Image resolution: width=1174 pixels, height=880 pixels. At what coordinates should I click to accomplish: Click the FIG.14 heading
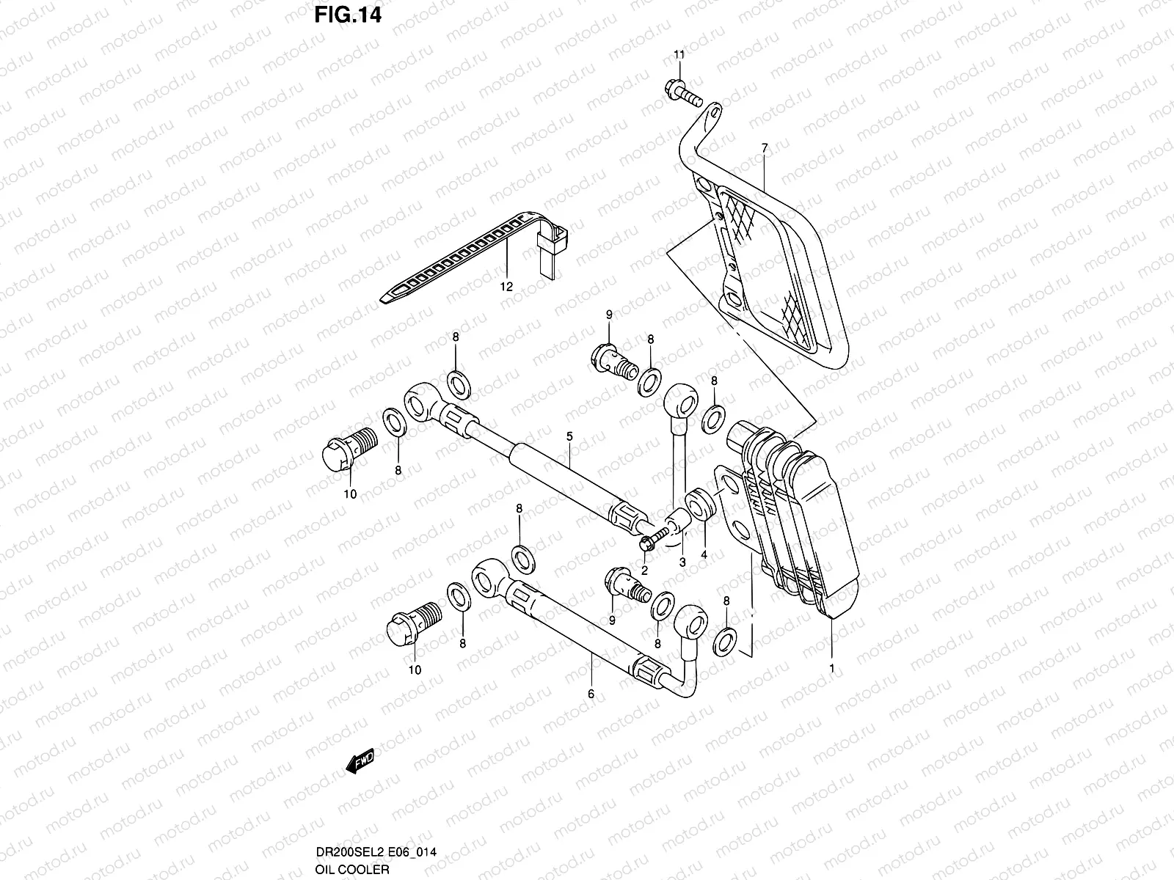click(348, 16)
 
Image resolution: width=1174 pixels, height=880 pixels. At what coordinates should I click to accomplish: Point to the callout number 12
click(506, 287)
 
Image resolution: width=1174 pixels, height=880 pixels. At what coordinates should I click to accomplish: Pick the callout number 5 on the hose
click(569, 436)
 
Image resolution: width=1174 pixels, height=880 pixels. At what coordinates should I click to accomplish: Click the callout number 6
click(591, 692)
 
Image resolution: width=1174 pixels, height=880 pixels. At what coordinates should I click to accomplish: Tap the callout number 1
click(831, 667)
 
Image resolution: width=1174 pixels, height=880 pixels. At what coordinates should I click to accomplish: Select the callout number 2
click(644, 569)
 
